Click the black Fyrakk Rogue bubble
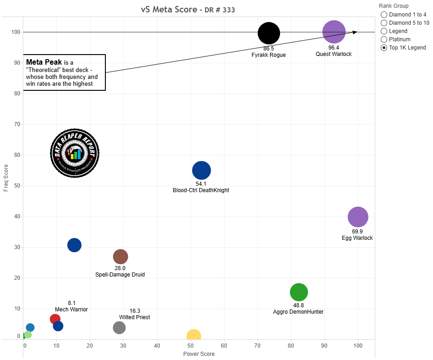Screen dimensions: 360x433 tap(269, 33)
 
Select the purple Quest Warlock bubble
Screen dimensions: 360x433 tap(334, 32)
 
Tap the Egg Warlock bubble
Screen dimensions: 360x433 tap(358, 217)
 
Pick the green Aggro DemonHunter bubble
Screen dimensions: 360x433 tap(299, 292)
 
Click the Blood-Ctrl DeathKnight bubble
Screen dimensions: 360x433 tap(201, 171)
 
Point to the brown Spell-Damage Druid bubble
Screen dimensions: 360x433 tap(120, 257)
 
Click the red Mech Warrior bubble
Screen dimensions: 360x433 tap(55, 319)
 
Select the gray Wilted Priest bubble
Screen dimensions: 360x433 tap(119, 327)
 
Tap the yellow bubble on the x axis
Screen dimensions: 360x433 tap(194, 336)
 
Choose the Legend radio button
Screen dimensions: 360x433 tap(384, 31)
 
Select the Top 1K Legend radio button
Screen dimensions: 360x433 tap(384, 48)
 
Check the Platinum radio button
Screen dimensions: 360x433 tap(384, 39)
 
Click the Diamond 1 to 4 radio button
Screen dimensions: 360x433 tap(384, 15)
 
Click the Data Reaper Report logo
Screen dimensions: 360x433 tap(75, 153)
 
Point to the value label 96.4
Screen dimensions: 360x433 tap(334, 48)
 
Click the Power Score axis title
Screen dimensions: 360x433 tap(199, 354)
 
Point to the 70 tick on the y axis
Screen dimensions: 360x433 tap(17, 124)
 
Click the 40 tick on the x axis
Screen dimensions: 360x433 tap(157, 345)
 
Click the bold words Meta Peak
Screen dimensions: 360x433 tap(44, 62)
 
